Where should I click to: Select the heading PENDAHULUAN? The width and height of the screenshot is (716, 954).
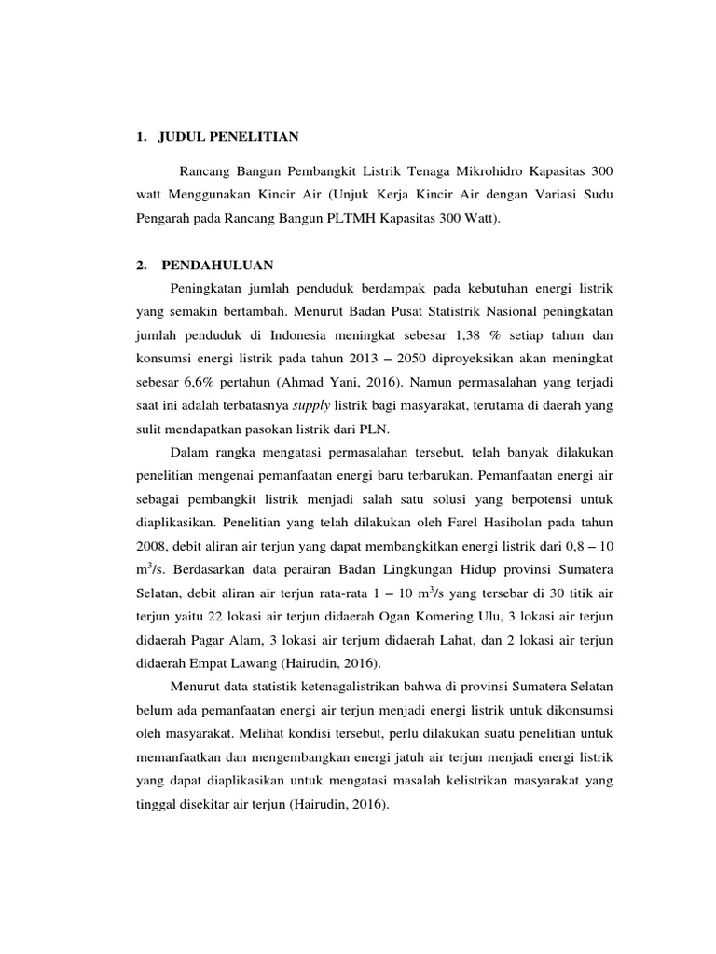[x=217, y=265]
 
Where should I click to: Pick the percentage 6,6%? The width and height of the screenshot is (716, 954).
[x=201, y=382]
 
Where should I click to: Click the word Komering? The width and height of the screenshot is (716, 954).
[x=450, y=616]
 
